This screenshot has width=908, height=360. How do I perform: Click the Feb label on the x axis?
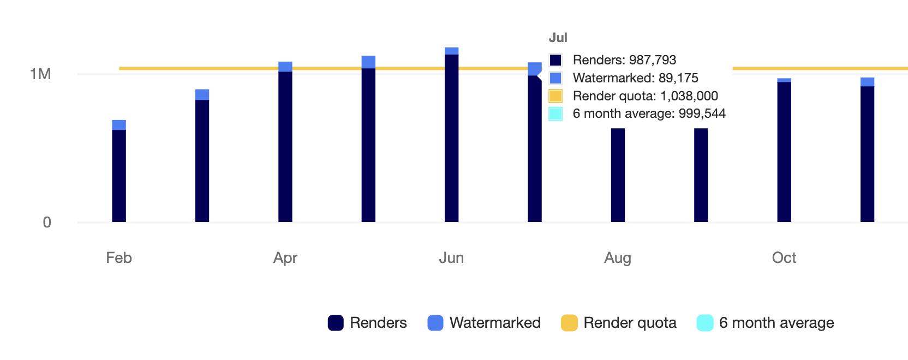coord(119,257)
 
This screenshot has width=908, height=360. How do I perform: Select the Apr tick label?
coord(285,257)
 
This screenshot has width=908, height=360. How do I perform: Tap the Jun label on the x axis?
coord(451,257)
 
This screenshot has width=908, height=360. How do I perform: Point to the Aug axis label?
coord(618,257)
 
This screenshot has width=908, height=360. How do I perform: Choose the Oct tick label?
coord(784,257)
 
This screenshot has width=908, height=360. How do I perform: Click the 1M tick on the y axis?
coord(40,74)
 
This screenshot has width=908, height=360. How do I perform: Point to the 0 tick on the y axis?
coord(47,223)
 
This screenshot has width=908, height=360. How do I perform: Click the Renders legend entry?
coord(367,323)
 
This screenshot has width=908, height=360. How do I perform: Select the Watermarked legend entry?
coord(484,323)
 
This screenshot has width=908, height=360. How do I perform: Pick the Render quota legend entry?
coord(619,323)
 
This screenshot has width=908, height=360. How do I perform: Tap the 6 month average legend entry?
coord(765,323)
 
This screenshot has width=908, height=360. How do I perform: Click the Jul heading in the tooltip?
coord(558,38)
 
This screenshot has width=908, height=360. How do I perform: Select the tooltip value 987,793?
coord(653,60)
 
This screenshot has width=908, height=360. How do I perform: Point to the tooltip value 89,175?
coord(678,78)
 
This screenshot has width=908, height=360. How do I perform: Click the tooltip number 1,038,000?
coord(689,96)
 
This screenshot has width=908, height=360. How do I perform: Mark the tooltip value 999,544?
coord(702,113)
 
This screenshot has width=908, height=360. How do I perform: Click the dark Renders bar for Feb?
coord(119,176)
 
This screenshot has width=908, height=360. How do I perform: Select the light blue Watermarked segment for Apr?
coord(285,67)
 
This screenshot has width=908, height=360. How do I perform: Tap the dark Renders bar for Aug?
coord(618,175)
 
